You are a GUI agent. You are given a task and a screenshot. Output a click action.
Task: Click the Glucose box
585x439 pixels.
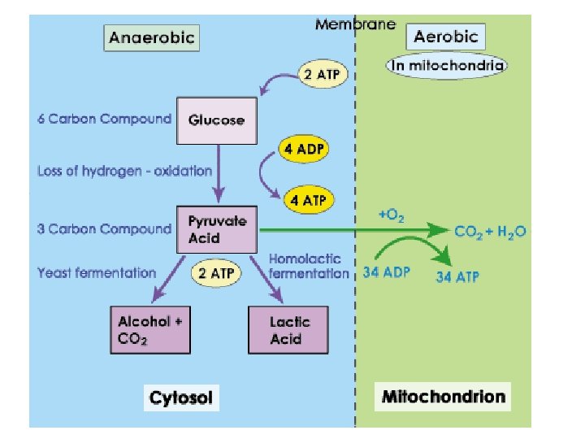click(x=216, y=120)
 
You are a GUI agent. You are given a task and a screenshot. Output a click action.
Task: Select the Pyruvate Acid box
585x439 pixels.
click(x=217, y=228)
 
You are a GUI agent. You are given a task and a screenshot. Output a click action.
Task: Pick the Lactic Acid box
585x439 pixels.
click(x=290, y=329)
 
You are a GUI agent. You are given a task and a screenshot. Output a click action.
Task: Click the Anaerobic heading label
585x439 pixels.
click(x=152, y=37)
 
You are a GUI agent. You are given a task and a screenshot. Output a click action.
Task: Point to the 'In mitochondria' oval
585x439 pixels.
click(x=446, y=65)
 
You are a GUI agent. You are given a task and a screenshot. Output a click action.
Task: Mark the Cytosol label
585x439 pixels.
click(x=180, y=398)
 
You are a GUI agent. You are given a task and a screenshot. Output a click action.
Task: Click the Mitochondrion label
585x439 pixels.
click(x=444, y=398)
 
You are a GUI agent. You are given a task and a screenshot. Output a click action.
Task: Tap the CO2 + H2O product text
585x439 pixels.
click(x=490, y=232)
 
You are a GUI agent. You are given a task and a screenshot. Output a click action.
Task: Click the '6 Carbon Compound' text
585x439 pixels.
click(x=104, y=119)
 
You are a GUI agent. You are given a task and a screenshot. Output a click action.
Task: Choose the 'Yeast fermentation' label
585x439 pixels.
click(x=96, y=273)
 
